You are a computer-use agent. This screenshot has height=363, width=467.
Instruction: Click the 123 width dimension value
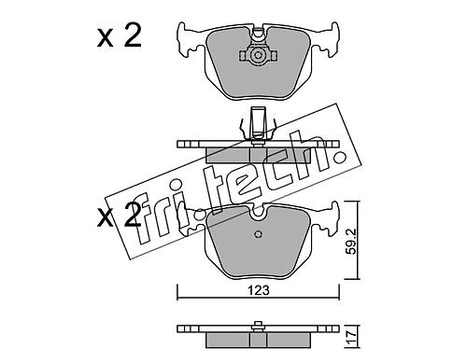click(x=259, y=290)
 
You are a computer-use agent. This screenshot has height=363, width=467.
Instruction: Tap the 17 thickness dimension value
click(x=352, y=337)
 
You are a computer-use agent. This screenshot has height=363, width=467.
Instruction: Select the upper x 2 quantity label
click(x=120, y=35)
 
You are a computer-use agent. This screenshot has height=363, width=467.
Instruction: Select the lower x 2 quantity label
click(x=119, y=215)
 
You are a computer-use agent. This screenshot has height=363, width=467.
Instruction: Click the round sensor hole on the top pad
click(x=258, y=56)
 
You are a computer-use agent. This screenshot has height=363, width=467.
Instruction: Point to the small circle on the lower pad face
click(x=258, y=234)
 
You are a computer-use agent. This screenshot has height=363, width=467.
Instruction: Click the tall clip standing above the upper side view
click(x=258, y=123)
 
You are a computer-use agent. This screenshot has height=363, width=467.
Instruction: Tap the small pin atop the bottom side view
click(x=258, y=324)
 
